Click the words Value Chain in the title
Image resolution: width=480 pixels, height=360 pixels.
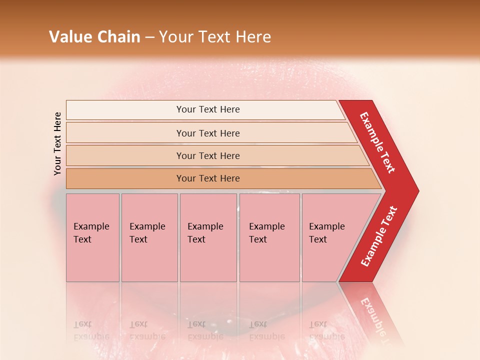click(94, 37)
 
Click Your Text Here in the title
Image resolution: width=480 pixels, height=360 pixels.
click(215, 37)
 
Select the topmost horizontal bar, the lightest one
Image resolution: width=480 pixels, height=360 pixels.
click(207, 109)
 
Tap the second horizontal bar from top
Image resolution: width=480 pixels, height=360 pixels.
click(207, 133)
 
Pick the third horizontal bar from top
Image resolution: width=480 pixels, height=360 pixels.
click(207, 155)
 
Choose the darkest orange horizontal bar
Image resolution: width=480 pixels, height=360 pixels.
click(207, 178)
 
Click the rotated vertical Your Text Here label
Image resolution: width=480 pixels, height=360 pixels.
click(57, 144)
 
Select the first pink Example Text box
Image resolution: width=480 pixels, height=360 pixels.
click(92, 237)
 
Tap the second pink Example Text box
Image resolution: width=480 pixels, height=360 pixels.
click(149, 237)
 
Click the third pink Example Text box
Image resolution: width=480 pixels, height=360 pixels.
click(207, 237)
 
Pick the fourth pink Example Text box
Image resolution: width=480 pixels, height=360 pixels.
click(269, 237)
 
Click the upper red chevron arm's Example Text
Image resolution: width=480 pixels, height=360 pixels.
click(377, 143)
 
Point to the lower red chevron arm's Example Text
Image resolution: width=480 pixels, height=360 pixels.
click(378, 236)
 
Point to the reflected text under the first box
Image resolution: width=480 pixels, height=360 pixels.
click(92, 330)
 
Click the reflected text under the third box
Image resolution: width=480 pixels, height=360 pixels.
click(206, 330)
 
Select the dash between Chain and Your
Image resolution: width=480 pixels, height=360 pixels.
click(149, 37)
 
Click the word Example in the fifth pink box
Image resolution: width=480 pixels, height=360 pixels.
click(327, 226)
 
